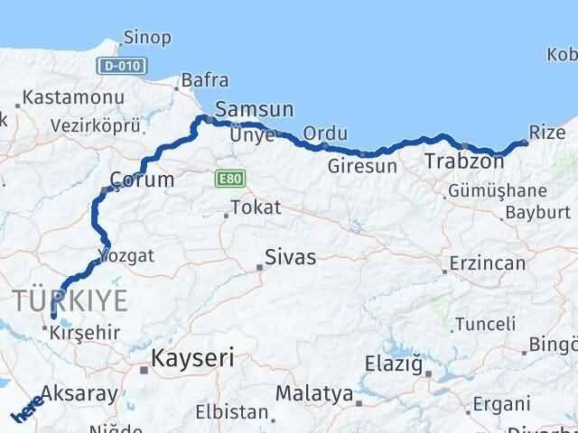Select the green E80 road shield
click(x=228, y=180)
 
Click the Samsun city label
click(x=255, y=109)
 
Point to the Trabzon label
click(x=464, y=162)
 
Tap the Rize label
click(x=547, y=133)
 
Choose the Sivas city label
click(x=290, y=258)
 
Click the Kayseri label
click(x=192, y=358)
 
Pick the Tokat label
click(x=256, y=207)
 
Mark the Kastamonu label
click(x=61, y=97)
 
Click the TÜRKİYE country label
click(x=70, y=300)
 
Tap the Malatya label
click(x=313, y=393)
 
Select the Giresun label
click(x=361, y=167)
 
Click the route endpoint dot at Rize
click(x=525, y=143)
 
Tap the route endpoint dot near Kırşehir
click(x=53, y=317)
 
